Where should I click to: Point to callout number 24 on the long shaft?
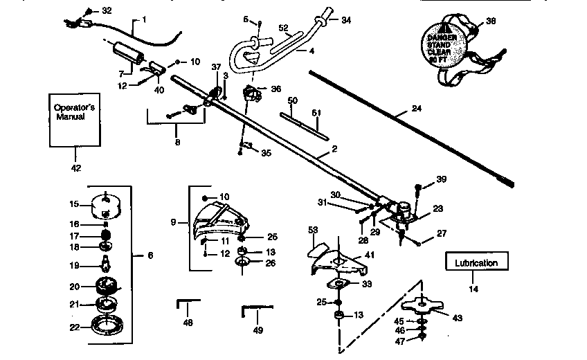tap(397, 108)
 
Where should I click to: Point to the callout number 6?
tap(150, 255)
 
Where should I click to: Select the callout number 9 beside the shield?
tap(174, 222)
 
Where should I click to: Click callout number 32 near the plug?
tap(105, 11)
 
